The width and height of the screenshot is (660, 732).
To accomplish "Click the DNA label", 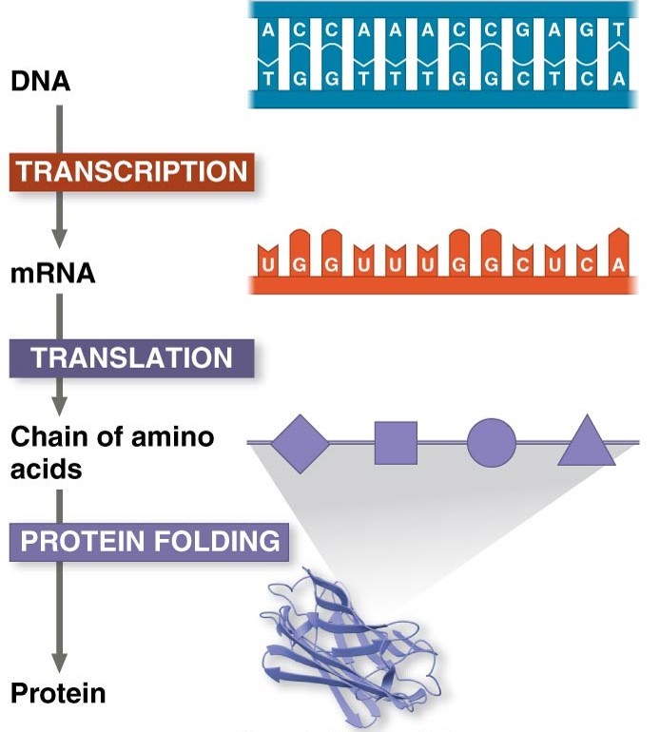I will click(x=40, y=83).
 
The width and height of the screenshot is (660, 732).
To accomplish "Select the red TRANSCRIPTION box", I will click(x=132, y=172).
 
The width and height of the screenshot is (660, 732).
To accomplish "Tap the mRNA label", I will click(x=52, y=274).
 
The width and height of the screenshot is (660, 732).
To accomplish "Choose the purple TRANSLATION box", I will click(x=132, y=357).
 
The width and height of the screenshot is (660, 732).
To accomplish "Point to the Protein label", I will click(x=58, y=693).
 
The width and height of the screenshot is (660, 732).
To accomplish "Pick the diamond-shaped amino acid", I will click(x=300, y=442).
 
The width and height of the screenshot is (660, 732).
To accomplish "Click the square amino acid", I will click(x=396, y=442).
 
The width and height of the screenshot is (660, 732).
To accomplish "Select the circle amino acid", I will click(x=491, y=443).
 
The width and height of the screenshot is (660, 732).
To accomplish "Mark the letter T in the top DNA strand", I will click(x=620, y=29).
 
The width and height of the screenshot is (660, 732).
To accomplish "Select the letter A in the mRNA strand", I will click(x=619, y=265).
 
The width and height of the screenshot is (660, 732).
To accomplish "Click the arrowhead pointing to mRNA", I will click(x=60, y=235).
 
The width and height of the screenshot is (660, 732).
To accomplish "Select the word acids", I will click(x=45, y=469).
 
